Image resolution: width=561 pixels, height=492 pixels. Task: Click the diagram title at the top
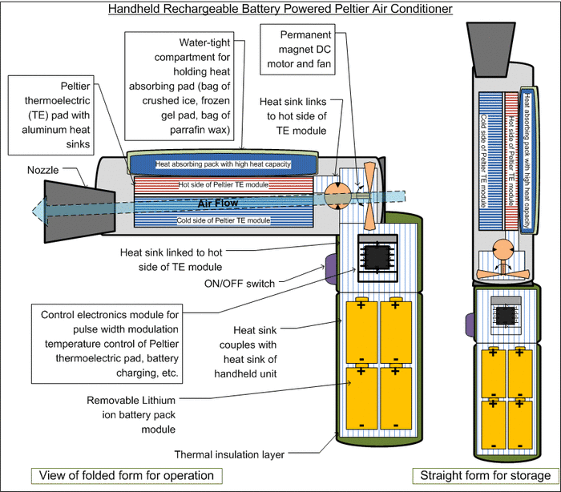(x=280, y=9)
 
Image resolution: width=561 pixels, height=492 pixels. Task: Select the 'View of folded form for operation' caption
(x=124, y=475)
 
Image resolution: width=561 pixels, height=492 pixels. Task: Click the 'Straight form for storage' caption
(x=485, y=475)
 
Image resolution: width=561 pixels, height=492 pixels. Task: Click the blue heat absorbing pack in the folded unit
(x=223, y=163)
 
